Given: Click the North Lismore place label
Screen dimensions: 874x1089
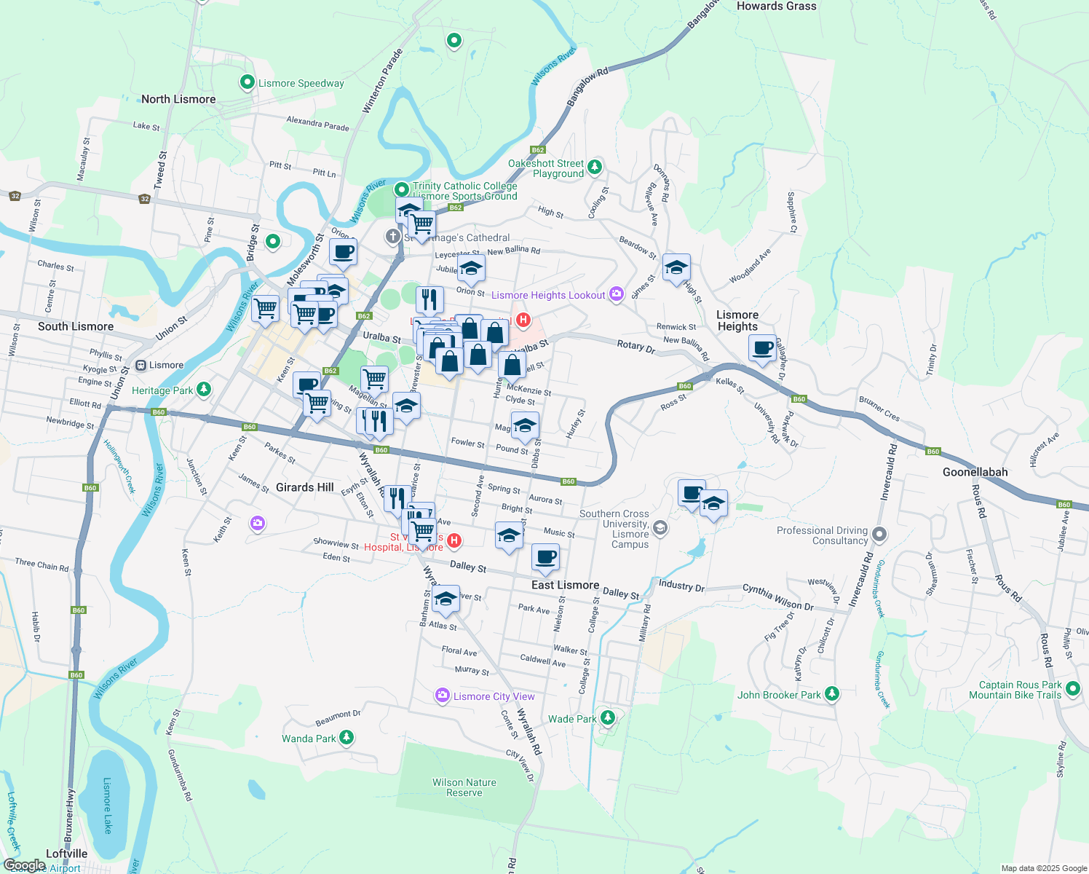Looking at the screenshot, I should pos(178,99).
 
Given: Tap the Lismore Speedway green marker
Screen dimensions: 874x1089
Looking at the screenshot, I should pos(247,82).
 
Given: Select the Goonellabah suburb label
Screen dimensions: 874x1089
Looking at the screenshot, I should pos(975,472).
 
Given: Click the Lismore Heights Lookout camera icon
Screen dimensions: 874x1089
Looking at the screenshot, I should pos(617,294).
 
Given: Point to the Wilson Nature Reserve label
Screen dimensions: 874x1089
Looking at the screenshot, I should pos(464,787).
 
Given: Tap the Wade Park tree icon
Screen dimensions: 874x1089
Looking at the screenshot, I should pos(608,718).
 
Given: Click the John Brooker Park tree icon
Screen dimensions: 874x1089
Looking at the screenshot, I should pos(831,694).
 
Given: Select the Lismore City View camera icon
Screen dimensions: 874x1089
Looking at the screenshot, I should pos(442,696).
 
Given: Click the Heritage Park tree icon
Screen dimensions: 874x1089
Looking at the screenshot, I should pos(204,390).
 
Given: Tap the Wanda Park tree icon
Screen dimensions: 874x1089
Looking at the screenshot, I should pos(346,738).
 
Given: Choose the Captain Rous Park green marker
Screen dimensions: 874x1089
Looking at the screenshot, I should pos(1073,688).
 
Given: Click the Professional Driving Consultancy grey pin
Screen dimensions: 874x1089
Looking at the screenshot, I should pos(879,535).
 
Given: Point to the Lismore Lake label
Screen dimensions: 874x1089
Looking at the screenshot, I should pos(107,806).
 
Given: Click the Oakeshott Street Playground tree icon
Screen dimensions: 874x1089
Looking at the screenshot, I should pos(595,167).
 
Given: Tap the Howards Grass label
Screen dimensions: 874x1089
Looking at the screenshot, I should pos(776,6).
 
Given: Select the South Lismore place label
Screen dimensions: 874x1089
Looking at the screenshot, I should pos(76,326).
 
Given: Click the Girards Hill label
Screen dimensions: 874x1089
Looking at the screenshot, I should pos(305,487).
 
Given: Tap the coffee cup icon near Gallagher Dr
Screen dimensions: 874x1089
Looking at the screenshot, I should pos(763,348).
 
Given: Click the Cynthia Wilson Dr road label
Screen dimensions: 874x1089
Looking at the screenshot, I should pos(777,597).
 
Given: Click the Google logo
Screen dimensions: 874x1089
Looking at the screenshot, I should pos(24,865).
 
